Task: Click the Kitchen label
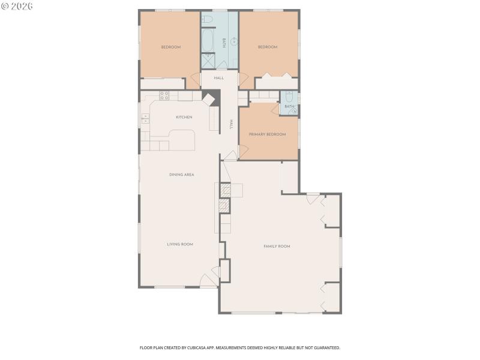tap(184, 117)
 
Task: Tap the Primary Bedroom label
tap(267, 134)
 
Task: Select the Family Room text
tap(277, 247)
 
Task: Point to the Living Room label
tap(180, 244)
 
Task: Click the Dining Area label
tap(181, 175)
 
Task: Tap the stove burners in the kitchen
tap(164, 95)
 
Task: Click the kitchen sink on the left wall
tap(145, 119)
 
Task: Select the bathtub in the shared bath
tap(208, 41)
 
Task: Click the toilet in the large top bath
tap(208, 19)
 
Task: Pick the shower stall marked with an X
tap(208, 61)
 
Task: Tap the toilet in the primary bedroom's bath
tap(289, 97)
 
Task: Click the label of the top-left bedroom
tap(170, 47)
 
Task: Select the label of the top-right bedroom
tap(268, 47)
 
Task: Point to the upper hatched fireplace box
tap(225, 190)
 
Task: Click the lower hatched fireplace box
tap(224, 206)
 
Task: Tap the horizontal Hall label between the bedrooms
tap(219, 78)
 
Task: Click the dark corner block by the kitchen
tap(209, 98)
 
